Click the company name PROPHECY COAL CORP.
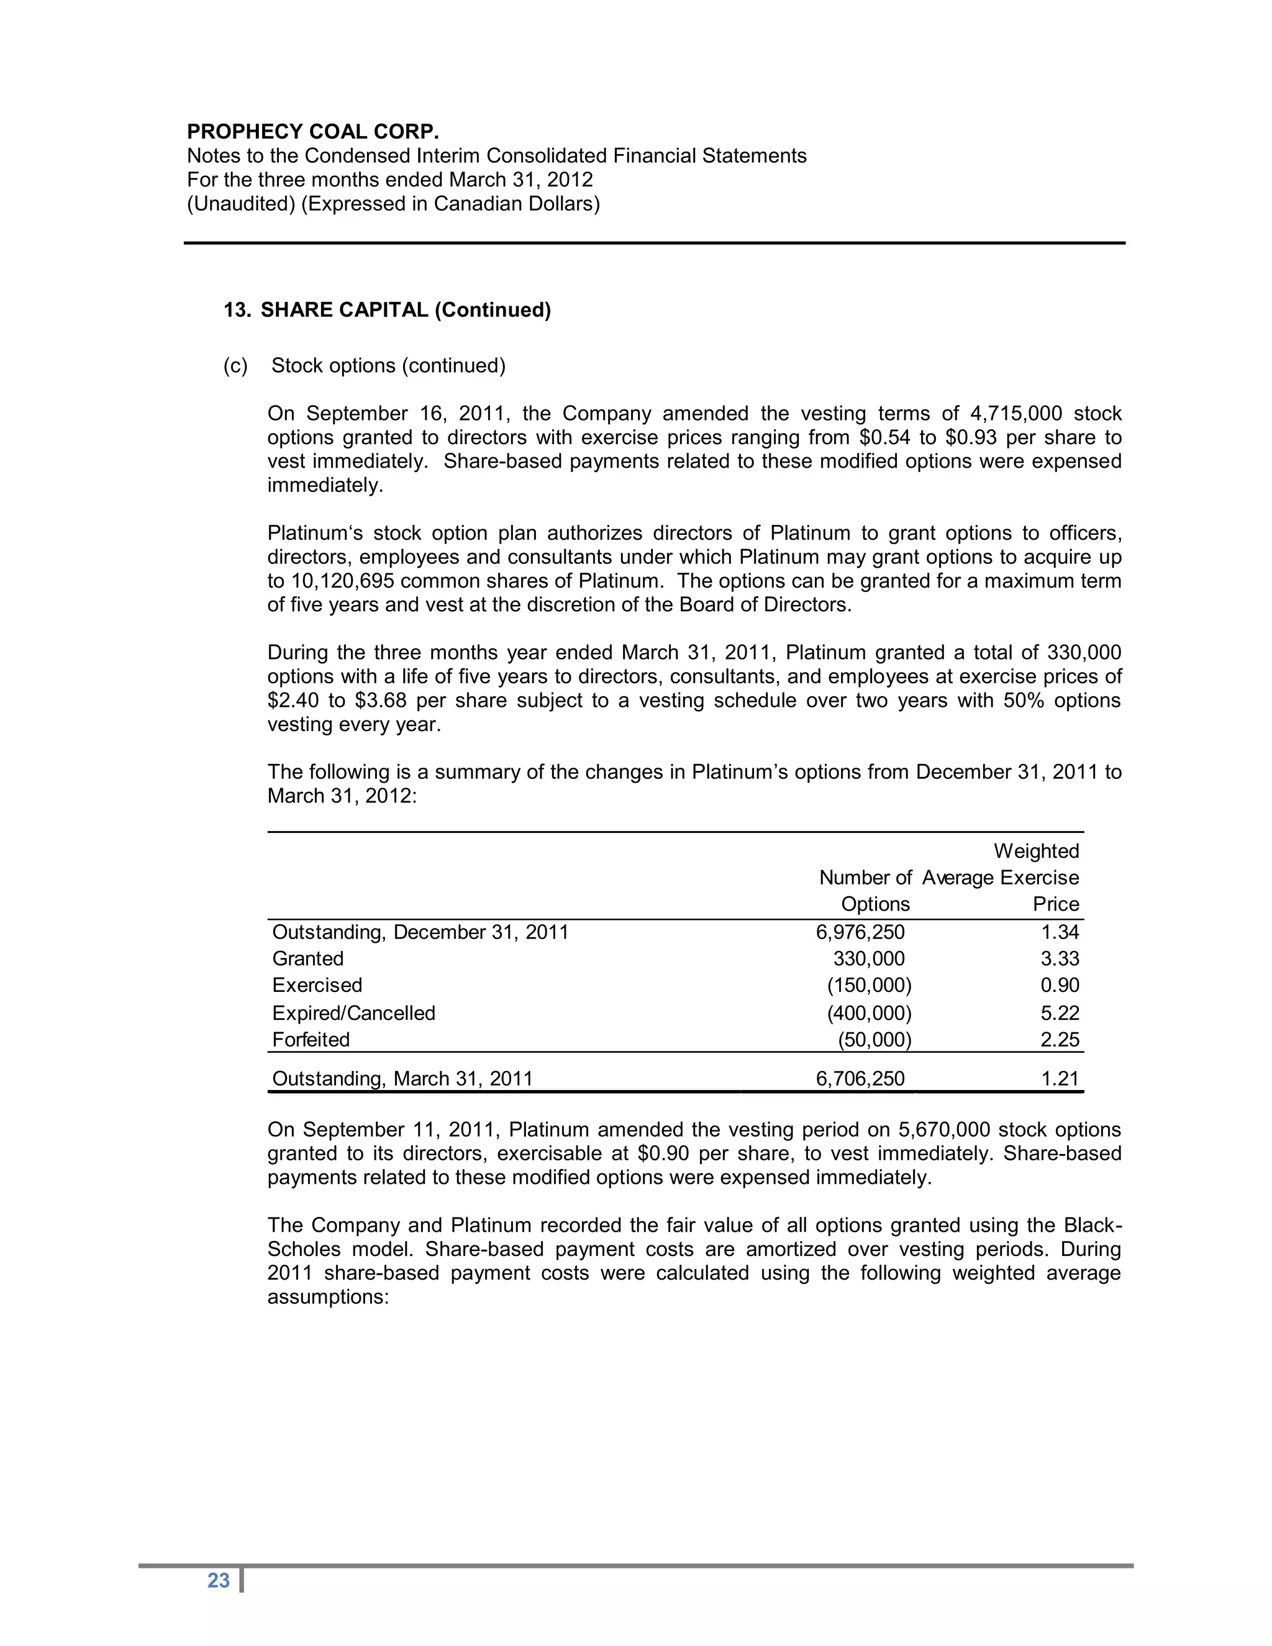coord(313,132)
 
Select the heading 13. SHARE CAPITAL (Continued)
coord(388,310)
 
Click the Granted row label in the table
coord(307,958)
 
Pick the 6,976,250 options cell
coord(860,932)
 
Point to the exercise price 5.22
coord(1060,1013)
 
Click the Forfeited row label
coord(311,1040)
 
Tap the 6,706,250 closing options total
coord(860,1078)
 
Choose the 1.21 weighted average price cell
coord(1060,1078)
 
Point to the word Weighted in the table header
coord(1036,851)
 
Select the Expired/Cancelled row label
coord(353,1013)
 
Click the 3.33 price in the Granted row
coord(1060,958)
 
